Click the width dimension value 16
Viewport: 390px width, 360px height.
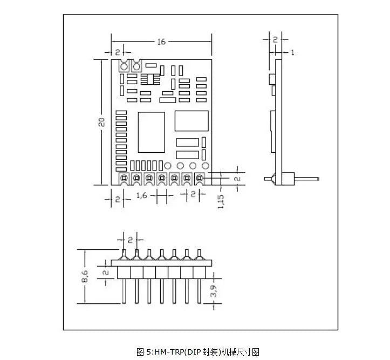(161, 41)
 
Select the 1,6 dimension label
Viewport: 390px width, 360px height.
(142, 195)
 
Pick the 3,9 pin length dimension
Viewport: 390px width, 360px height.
(214, 292)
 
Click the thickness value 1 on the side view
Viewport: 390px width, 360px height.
(292, 52)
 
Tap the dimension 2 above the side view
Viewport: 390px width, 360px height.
(275, 39)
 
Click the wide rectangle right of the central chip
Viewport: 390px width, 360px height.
(191, 121)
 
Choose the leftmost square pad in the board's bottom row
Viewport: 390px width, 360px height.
(124, 178)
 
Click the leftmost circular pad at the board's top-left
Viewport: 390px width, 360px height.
(124, 67)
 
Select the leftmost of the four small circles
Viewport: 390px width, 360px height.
(168, 166)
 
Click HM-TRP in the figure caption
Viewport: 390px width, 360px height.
(166, 352)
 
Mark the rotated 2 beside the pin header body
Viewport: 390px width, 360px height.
(106, 273)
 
